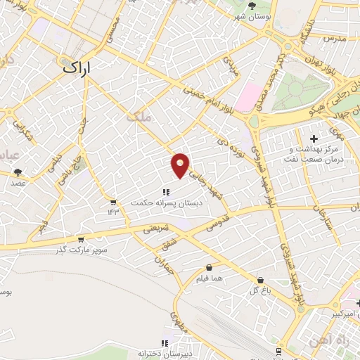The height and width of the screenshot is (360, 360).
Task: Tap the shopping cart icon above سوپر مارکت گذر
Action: [81, 240]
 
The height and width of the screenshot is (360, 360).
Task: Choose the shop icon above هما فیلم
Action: [210, 267]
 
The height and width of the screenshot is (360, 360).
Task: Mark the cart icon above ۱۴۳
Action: [113, 202]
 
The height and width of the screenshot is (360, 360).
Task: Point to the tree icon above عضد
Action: [18, 172]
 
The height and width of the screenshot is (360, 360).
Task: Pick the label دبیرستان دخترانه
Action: [165, 353]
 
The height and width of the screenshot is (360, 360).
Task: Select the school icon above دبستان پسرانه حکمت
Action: [166, 191]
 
